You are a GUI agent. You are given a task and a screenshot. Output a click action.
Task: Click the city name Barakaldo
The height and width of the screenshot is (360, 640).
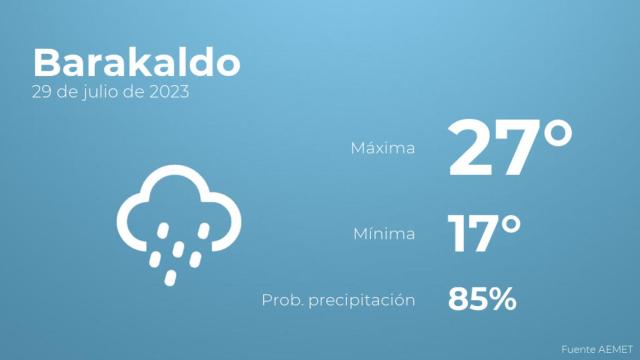click(x=136, y=63)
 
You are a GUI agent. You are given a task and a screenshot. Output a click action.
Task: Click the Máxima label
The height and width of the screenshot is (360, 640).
click(x=382, y=149)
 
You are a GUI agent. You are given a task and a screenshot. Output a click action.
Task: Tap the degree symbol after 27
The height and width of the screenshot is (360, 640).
click(x=556, y=133)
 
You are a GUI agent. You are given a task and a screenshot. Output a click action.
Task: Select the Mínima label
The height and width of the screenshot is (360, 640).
click(x=385, y=235)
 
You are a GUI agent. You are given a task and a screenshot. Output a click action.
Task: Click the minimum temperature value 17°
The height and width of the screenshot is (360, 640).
click(x=484, y=235)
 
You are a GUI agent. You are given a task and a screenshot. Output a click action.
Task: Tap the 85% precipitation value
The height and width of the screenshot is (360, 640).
click(x=482, y=298)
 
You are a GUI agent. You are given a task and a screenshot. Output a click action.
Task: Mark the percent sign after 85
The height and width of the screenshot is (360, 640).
click(x=503, y=298)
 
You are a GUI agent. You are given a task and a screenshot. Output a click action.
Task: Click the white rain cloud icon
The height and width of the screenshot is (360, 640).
click(x=179, y=221)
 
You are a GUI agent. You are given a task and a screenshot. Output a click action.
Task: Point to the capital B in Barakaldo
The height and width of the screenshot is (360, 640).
click(x=46, y=63)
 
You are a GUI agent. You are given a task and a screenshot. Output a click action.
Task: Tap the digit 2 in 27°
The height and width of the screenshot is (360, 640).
click(x=472, y=148)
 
